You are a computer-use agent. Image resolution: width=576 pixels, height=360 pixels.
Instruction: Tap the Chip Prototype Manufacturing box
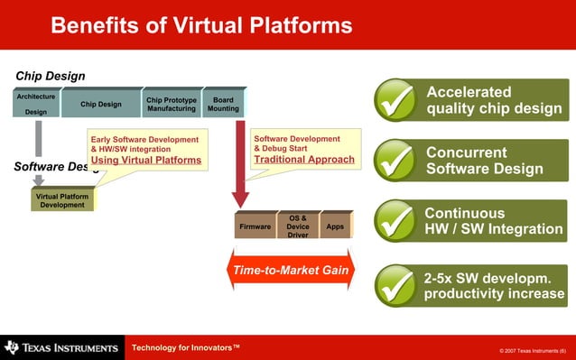coord(171,105)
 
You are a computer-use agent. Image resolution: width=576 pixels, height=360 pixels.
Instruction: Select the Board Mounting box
coord(223,105)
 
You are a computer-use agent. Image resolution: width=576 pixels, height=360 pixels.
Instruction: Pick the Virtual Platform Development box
coord(62,200)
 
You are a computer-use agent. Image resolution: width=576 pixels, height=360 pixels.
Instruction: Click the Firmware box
coord(255,226)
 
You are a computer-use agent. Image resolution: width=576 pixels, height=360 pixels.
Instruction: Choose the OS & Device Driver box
coord(297,226)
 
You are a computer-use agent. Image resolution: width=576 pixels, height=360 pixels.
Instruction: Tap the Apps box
coord(335,226)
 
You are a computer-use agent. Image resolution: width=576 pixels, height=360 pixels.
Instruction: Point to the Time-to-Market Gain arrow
coord(292,270)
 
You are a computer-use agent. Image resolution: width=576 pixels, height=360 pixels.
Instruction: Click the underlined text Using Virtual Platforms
coord(145,161)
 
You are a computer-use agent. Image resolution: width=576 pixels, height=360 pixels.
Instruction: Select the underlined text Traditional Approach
coord(304,160)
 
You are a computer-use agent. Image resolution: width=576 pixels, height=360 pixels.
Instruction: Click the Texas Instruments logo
coord(61,347)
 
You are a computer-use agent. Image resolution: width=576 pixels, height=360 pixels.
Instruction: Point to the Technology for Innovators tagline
coord(186,346)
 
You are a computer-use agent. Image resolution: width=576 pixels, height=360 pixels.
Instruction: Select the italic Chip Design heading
coord(51,76)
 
